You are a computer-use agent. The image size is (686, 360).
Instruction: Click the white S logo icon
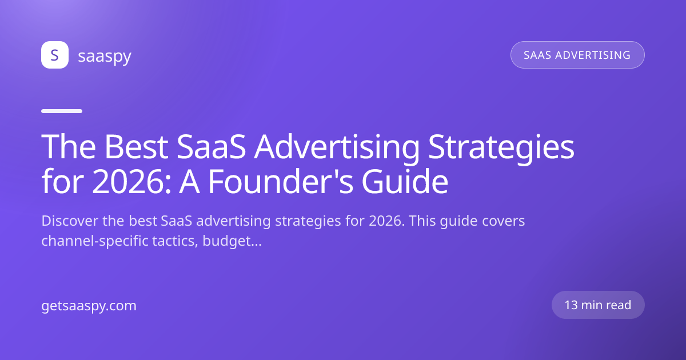coord(55,55)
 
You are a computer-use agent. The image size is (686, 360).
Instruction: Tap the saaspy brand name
coord(105,57)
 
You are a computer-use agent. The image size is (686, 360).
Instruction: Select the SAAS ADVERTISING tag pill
coord(577,55)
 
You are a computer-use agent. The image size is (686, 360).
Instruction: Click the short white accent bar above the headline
coord(62,111)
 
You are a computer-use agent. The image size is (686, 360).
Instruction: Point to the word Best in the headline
coord(136,147)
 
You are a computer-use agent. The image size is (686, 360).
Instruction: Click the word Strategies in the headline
coord(501,149)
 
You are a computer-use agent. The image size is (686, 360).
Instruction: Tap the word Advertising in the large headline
coord(337,149)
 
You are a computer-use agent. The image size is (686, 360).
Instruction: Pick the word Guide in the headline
coord(405,182)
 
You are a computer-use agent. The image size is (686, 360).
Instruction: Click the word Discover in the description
coord(70,221)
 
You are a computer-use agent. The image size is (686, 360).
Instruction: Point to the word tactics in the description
coord(175,241)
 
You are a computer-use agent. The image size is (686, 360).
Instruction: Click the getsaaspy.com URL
coord(89,306)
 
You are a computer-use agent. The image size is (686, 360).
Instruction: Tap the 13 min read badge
coord(598,305)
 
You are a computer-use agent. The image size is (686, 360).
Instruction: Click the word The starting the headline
coord(68,147)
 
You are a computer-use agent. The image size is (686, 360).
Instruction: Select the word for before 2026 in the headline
coord(62,182)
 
